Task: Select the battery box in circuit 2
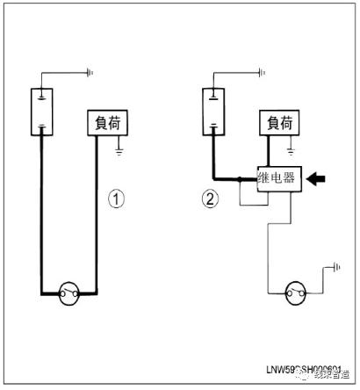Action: [x=213, y=112]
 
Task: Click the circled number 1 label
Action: [x=115, y=199]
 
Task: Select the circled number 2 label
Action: [x=209, y=199]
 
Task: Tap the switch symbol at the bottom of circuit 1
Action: [x=69, y=293]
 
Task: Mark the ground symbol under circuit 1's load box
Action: [x=120, y=153]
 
